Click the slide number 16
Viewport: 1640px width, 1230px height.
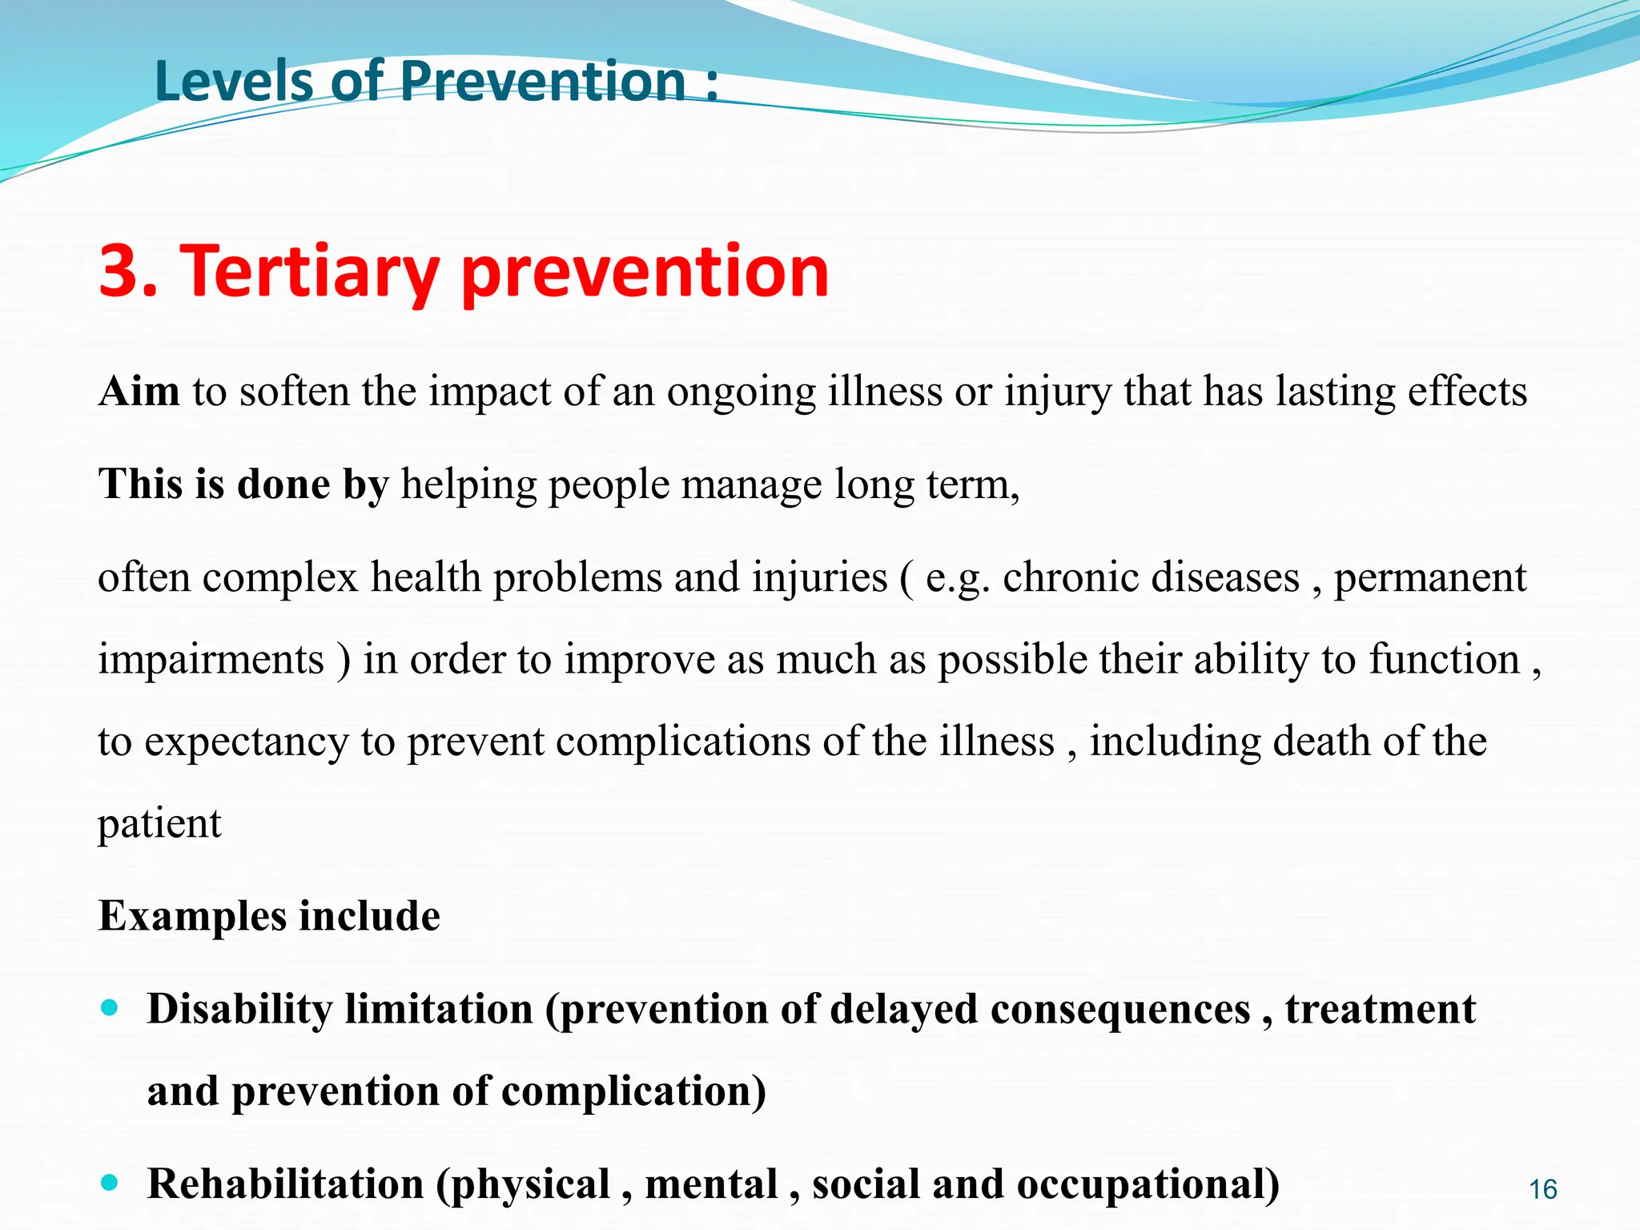pos(1542,1189)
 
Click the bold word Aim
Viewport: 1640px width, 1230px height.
pos(139,392)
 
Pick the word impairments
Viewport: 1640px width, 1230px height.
pos(211,661)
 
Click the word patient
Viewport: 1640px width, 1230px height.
pos(159,825)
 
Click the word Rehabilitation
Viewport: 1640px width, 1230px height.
pos(285,1184)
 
